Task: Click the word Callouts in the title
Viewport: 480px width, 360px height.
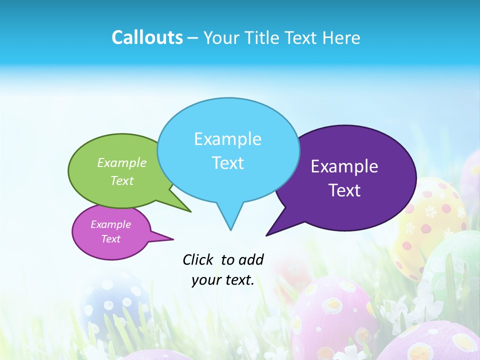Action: coord(147,37)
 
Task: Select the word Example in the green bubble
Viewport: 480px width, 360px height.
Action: coord(122,163)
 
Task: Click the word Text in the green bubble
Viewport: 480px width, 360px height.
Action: coord(122,180)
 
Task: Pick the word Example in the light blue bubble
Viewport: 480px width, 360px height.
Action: coord(227,139)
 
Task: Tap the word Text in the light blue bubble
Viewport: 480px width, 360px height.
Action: coord(227,163)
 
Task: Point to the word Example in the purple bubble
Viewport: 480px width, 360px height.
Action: coord(344,166)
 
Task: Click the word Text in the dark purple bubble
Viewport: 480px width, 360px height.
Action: coord(344,190)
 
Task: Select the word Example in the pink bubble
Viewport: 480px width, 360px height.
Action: coord(110,224)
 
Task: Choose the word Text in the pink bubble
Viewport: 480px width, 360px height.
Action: coord(110,239)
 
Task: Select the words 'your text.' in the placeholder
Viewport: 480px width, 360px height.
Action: coord(223,280)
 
